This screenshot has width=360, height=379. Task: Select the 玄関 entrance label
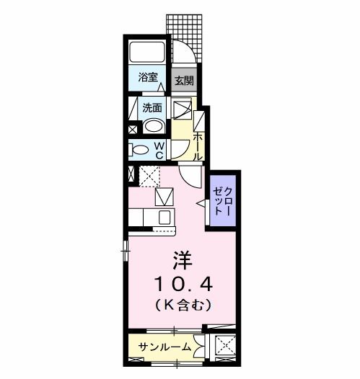185,80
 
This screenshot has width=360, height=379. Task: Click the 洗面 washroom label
151,108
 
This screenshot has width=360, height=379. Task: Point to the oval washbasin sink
152,127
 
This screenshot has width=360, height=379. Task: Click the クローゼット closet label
222,202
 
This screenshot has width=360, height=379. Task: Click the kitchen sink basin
164,216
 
